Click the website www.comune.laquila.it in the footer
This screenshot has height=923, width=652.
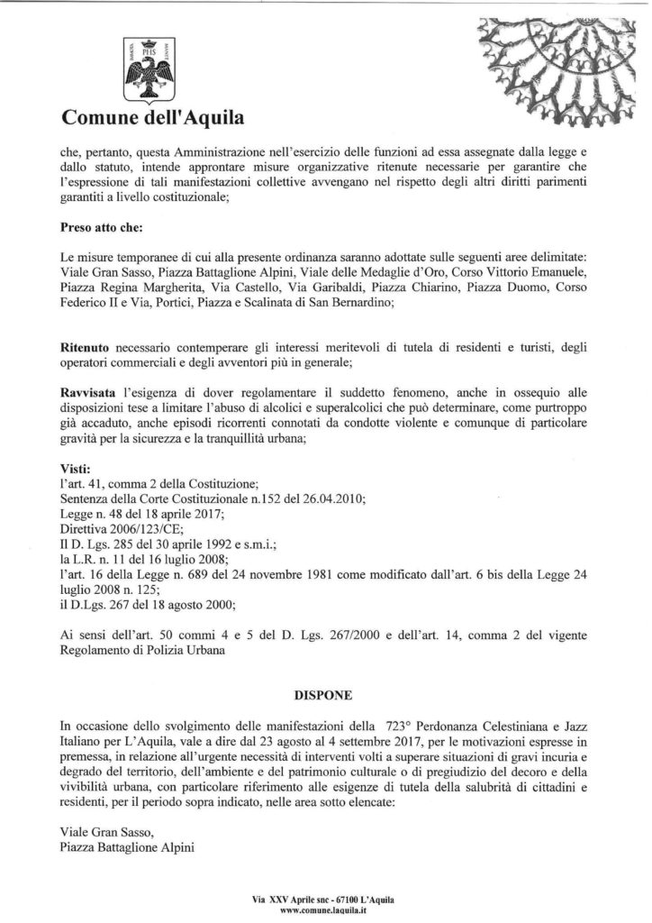pyautogui.click(x=325, y=911)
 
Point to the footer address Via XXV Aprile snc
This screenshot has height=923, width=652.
pyautogui.click(x=289, y=900)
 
